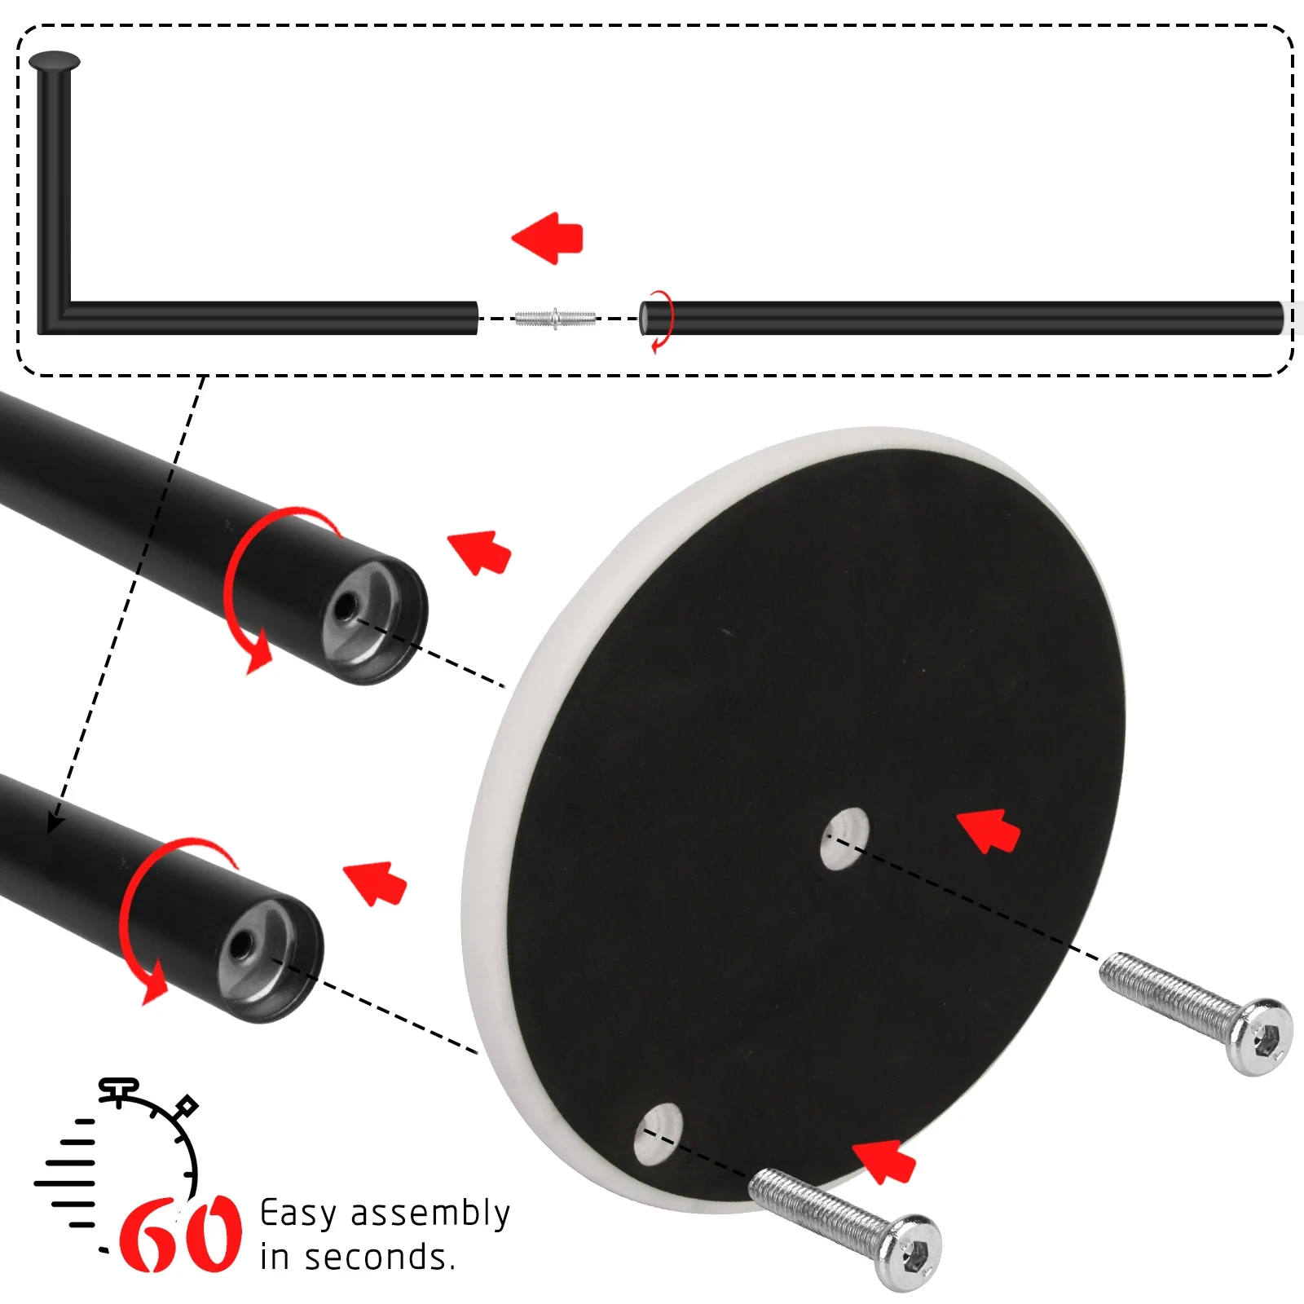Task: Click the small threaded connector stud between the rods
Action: (555, 319)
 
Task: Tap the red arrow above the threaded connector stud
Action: (548, 239)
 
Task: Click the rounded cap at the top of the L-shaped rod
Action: (55, 61)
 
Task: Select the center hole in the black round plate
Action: (844, 839)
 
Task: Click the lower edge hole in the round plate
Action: (659, 1134)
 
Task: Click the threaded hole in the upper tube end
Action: (345, 608)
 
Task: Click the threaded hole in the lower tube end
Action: (240, 947)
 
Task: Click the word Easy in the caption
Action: (297, 1214)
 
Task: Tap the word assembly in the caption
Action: (430, 1214)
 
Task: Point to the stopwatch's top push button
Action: (119, 1090)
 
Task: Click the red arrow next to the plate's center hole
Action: (989, 831)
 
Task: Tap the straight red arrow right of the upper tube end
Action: (480, 552)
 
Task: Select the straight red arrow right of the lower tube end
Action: (376, 883)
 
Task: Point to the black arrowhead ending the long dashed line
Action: (55, 822)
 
